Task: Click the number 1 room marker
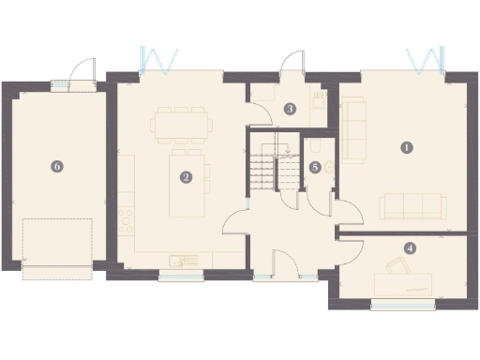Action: point(406,147)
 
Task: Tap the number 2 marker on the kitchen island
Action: point(187,175)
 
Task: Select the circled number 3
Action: point(291,109)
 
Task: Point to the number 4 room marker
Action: point(410,248)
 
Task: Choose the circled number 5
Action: point(315,166)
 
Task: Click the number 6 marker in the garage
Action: point(57,166)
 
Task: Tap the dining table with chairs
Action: point(180,123)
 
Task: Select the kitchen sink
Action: point(177,261)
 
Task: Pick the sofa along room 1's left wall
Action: point(352,131)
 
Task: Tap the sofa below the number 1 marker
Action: point(412,205)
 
